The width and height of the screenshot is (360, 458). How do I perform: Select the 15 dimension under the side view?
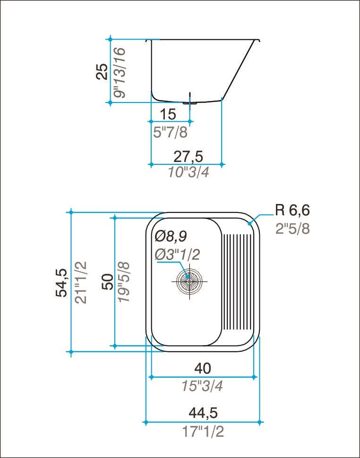pyautogui.click(x=168, y=114)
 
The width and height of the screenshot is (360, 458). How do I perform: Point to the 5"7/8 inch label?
pyautogui.click(x=171, y=133)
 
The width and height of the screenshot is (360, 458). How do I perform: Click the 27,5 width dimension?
pyautogui.click(x=189, y=156)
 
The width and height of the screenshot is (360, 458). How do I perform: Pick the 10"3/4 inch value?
pyautogui.click(x=189, y=172)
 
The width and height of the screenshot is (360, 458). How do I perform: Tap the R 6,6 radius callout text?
pyautogui.click(x=292, y=210)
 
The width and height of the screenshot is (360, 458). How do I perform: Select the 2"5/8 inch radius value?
pyautogui.click(x=292, y=229)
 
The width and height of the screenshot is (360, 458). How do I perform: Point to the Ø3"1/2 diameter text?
pyautogui.click(x=177, y=254)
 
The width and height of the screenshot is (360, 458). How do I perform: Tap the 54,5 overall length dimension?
pyautogui.click(x=61, y=282)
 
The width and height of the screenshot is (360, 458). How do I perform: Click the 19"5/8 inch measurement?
pyautogui.click(x=124, y=282)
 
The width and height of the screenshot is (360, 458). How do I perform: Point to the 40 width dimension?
pyautogui.click(x=202, y=367)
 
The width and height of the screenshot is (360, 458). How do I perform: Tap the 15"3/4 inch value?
pyautogui.click(x=202, y=386)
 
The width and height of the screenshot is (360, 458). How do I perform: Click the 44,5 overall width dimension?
pyautogui.click(x=203, y=413)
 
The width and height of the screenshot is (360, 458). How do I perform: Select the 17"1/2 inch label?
pyautogui.click(x=203, y=431)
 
